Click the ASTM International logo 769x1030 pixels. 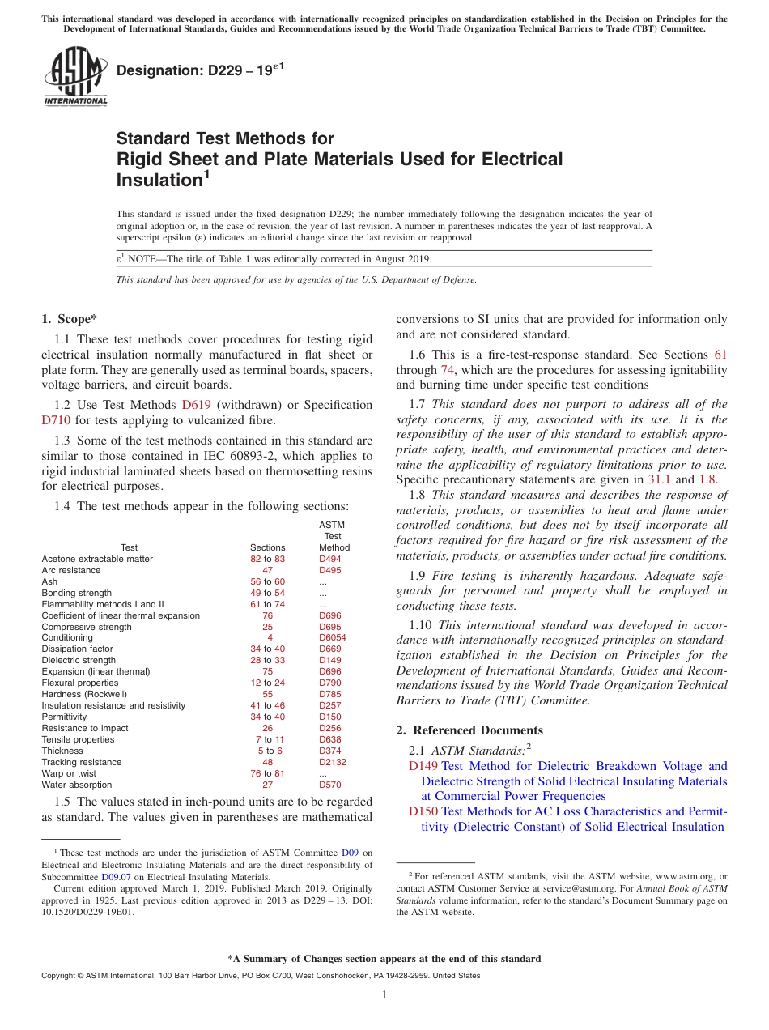(75, 77)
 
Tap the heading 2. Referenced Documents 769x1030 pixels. (469, 730)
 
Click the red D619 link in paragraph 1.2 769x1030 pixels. (196, 405)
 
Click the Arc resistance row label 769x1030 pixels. (71, 571)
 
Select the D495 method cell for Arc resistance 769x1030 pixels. (330, 571)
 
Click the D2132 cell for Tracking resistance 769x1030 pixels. (333, 762)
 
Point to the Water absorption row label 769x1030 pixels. (77, 785)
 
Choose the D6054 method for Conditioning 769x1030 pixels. (333, 638)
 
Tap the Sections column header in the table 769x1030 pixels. (268, 548)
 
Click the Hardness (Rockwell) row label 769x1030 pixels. (84, 695)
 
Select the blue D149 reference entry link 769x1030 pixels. (423, 766)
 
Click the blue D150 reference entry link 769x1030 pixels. (423, 811)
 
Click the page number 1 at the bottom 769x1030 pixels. (384, 995)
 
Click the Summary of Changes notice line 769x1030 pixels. (384, 959)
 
